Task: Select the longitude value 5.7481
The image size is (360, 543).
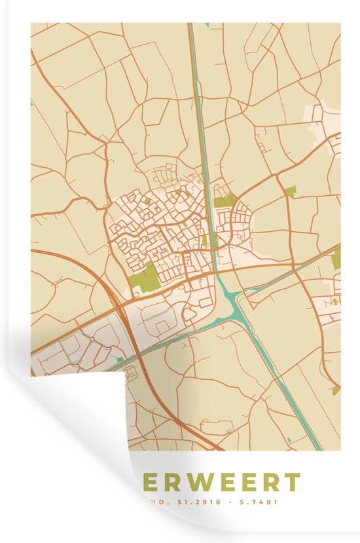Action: coord(261,503)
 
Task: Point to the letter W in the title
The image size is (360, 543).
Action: coord(191,483)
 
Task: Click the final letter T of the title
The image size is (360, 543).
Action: coord(292,483)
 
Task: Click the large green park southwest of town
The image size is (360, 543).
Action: coord(145,278)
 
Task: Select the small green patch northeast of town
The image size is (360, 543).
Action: coord(290,191)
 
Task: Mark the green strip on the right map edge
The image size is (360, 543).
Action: coord(336,259)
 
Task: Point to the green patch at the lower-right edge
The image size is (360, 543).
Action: coord(336,390)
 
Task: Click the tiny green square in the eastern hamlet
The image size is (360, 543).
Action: coord(334,302)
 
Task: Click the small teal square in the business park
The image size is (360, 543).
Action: coord(119,358)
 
